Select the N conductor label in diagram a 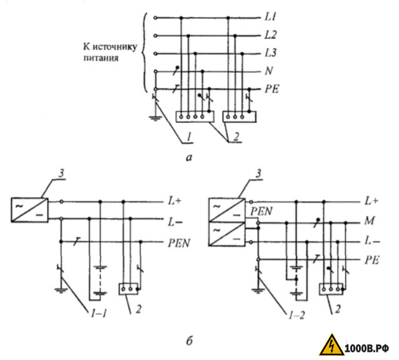(x=269, y=71)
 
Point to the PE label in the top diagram (x=272, y=89)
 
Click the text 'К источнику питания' (x=110, y=52)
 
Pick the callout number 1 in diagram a (x=189, y=137)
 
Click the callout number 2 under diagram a (x=236, y=137)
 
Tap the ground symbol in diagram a (x=155, y=118)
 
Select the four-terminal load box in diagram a (x=195, y=116)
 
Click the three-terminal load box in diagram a (x=239, y=116)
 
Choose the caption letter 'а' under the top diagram (x=189, y=158)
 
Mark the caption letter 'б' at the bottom (x=189, y=341)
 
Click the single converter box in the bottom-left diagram (x=29, y=210)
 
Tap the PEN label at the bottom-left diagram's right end (x=179, y=243)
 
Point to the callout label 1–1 (x=98, y=314)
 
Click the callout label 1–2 (x=296, y=316)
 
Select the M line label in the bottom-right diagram (x=370, y=220)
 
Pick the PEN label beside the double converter (x=261, y=211)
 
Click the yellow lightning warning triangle (x=331, y=345)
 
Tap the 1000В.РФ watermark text (x=367, y=348)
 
